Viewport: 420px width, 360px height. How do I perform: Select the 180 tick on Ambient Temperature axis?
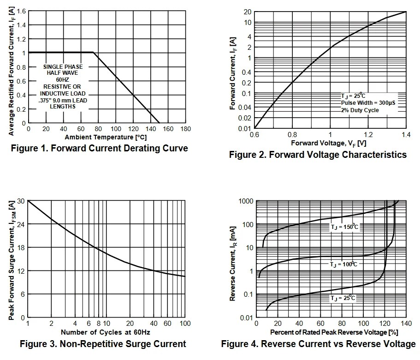click(185, 129)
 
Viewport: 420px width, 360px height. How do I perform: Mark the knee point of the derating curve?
click(94, 53)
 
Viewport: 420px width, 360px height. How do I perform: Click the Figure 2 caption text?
click(318, 155)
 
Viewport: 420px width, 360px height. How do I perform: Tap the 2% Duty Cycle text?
click(360, 110)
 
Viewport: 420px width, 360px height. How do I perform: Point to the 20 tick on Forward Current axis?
click(247, 12)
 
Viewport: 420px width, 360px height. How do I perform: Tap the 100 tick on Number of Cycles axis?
click(184, 323)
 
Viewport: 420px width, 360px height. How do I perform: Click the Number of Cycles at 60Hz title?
click(106, 332)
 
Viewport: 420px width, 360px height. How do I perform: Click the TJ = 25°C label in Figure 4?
click(343, 298)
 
